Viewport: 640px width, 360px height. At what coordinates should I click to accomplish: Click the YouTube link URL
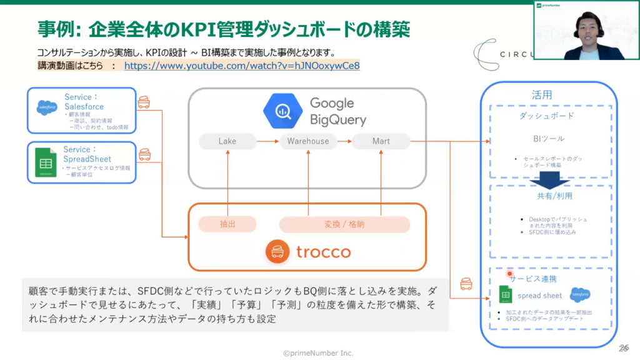point(242,65)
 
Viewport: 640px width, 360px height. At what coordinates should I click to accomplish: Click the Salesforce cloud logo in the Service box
point(47,108)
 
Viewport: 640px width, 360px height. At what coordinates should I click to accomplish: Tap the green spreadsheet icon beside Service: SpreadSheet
point(45,163)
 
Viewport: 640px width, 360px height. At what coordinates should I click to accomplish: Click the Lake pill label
point(227,141)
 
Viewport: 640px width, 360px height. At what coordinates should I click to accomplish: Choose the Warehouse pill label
point(307,141)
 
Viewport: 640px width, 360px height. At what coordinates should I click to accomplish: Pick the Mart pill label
point(381,141)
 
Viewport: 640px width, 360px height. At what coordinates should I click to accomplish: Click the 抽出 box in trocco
point(227,224)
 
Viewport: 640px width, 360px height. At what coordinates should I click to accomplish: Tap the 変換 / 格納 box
point(344,224)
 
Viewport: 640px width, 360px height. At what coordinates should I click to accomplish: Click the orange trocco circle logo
point(277,252)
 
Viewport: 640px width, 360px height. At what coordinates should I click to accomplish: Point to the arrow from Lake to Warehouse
point(267,141)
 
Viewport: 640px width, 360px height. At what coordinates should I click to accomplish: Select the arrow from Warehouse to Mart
point(344,141)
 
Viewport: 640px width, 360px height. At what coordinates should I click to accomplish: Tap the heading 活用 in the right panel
point(542,95)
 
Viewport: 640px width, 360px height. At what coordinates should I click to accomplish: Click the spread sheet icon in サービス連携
point(506,295)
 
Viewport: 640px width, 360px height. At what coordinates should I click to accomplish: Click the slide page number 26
point(623,347)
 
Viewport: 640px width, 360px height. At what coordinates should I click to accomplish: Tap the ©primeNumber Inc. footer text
point(318,353)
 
